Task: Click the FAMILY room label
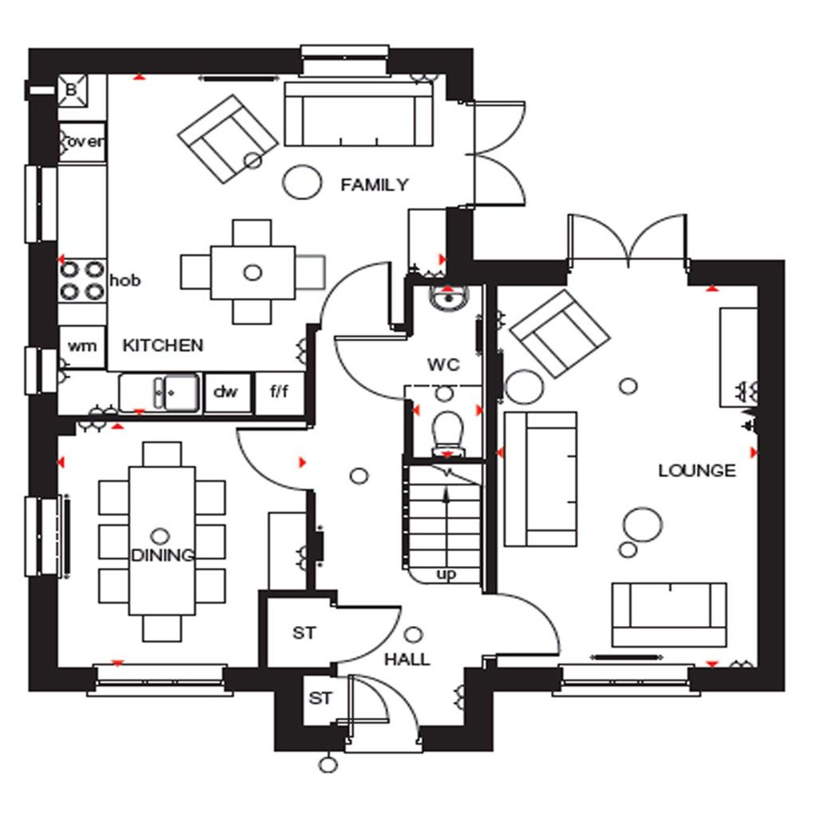point(374,185)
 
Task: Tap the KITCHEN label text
point(163,346)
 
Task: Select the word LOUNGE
point(697,471)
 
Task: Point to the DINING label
point(163,555)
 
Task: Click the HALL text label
point(407,659)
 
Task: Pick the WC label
point(444,364)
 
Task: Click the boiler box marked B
point(72,90)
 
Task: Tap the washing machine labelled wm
point(82,347)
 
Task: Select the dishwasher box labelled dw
point(226,393)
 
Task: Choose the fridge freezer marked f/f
point(279,393)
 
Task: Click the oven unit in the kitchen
point(82,142)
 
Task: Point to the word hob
point(125,280)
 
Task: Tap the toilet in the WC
point(446,431)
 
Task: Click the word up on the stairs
point(446,574)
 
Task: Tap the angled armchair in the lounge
point(561,334)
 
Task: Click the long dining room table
point(162,541)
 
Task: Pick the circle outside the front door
point(328,765)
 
